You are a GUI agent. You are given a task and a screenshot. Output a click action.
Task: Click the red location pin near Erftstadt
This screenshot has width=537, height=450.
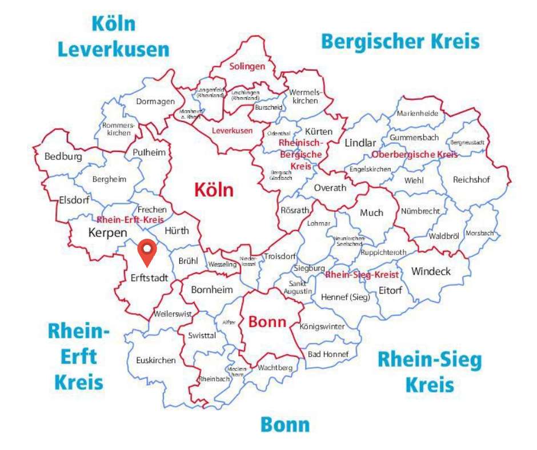click(x=147, y=253)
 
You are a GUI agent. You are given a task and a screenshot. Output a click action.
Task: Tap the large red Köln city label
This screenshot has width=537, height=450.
click(x=214, y=190)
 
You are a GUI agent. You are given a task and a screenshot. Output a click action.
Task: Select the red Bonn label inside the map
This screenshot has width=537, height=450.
click(x=267, y=322)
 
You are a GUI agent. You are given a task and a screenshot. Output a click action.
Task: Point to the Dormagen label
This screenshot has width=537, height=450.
click(x=155, y=102)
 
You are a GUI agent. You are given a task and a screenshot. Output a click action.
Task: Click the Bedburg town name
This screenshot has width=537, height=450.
click(x=63, y=156)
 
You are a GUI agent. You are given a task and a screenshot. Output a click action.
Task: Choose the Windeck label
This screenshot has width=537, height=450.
click(x=431, y=271)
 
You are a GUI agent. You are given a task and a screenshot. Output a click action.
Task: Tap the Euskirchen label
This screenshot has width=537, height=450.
click(x=156, y=360)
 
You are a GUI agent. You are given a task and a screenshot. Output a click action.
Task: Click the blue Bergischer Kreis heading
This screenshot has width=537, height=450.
click(x=400, y=42)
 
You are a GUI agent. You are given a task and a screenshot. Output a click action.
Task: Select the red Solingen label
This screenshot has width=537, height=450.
click(x=247, y=66)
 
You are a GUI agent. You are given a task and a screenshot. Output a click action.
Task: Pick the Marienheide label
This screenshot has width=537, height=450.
click(x=418, y=113)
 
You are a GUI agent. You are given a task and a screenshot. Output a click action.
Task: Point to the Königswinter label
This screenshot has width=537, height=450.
click(x=322, y=327)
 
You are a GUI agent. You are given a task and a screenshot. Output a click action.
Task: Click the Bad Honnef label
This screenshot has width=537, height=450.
click(x=328, y=354)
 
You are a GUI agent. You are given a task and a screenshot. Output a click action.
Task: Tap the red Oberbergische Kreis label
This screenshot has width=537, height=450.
click(x=415, y=155)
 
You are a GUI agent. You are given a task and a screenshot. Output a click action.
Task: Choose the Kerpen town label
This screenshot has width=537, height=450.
click(x=107, y=233)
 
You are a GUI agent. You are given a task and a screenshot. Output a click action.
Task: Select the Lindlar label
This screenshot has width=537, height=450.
click(x=360, y=143)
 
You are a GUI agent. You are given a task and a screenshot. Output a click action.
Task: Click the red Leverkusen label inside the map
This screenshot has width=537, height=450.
click(x=232, y=131)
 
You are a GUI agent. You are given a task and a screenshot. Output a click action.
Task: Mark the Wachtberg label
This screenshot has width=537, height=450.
click(x=275, y=368)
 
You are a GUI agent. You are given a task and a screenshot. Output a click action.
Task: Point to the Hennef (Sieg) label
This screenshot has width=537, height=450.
click(x=345, y=297)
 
